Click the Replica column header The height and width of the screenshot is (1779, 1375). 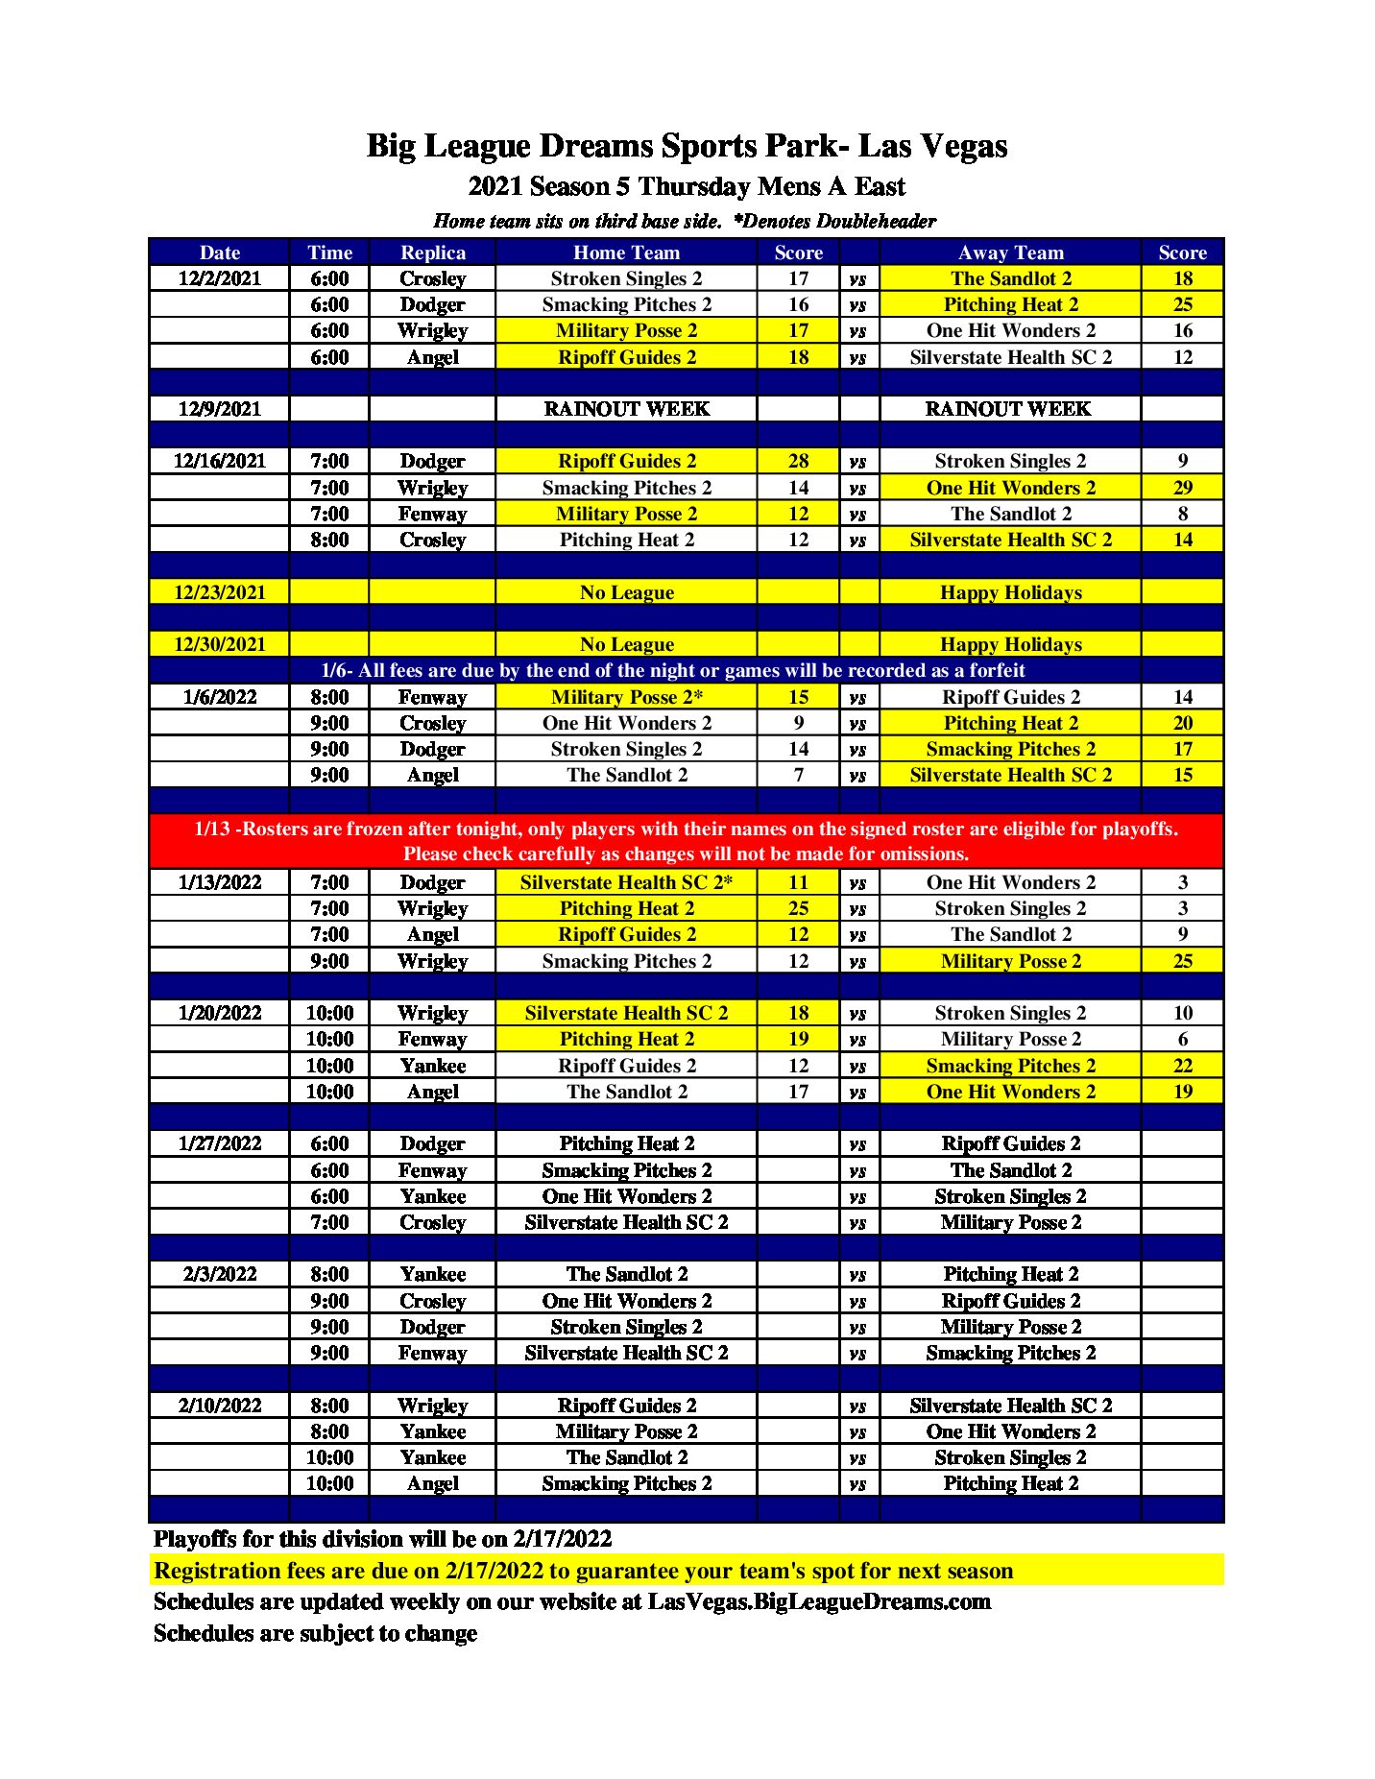pos(432,252)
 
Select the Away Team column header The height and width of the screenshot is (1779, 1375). pos(1010,252)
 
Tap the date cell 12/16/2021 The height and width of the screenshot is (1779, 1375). pos(219,461)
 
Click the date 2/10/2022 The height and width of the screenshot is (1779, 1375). pos(219,1406)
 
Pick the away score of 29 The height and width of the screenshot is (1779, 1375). pos(1182,488)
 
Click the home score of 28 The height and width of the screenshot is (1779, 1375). pos(798,461)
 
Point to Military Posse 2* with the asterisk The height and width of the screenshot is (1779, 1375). pos(626,697)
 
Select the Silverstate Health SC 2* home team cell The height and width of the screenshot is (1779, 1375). pos(626,882)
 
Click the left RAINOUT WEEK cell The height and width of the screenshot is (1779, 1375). pos(626,409)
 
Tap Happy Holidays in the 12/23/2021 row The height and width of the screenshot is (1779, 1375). pos(1010,592)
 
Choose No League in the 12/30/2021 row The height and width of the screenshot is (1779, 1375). pos(626,644)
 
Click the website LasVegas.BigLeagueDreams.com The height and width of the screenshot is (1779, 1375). pos(819,1601)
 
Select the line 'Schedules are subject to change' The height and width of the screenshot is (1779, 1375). pos(315,1633)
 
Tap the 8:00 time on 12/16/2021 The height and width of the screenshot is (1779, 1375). pos(329,540)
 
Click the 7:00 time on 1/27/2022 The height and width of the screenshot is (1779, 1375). pos(329,1222)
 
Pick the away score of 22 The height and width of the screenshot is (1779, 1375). pos(1182,1066)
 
